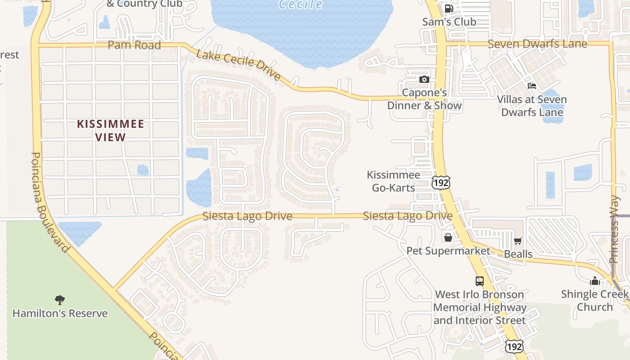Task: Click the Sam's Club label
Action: coord(449,22)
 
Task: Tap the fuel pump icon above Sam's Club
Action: coord(449,8)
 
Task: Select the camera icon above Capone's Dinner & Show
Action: coord(424,80)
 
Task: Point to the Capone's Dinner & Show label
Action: coord(424,99)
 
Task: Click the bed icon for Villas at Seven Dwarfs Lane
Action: coord(532,85)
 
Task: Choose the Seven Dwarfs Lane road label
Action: coord(537,44)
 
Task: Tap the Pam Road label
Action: coord(134,45)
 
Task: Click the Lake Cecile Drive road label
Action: coord(238,66)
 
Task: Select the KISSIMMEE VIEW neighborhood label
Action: coord(110,130)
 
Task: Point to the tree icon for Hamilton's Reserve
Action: coord(59,300)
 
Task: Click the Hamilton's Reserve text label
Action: coord(60,313)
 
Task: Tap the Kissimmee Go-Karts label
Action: coord(393,181)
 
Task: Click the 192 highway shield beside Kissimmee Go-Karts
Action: coord(441,182)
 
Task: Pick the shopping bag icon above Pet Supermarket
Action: coord(448,237)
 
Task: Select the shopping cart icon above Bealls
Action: coord(517,241)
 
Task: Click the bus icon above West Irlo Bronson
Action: coord(480,281)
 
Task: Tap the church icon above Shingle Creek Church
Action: coord(595,281)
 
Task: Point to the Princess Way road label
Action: coord(614,229)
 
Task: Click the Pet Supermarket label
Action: coord(448,251)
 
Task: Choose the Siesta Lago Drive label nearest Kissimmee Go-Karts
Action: coord(407,216)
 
